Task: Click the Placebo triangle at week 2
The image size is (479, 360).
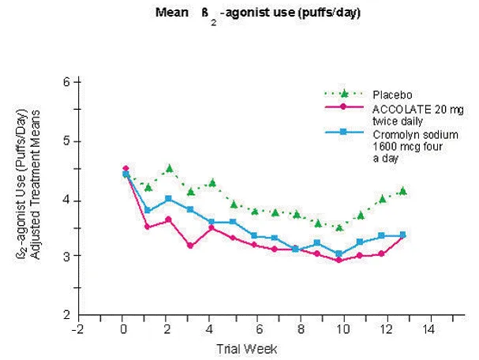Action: pyautogui.click(x=169, y=168)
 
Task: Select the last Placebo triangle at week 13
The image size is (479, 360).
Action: pyautogui.click(x=402, y=191)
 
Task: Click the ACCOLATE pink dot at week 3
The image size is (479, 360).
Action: pyautogui.click(x=190, y=246)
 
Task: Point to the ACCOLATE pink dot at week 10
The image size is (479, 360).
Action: pyautogui.click(x=339, y=260)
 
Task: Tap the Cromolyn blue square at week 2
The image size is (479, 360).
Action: pyautogui.click(x=168, y=198)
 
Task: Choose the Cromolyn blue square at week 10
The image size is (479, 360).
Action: pyautogui.click(x=339, y=254)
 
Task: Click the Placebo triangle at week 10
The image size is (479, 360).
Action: pyautogui.click(x=339, y=227)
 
